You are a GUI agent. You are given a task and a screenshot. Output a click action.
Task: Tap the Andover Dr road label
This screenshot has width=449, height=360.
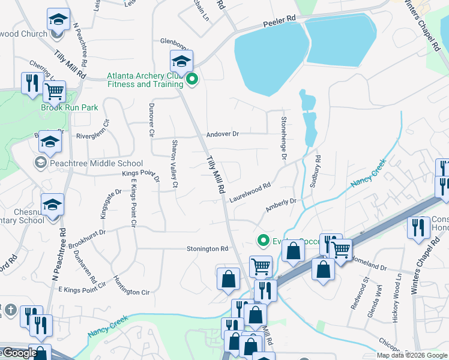pyautogui.click(x=223, y=134)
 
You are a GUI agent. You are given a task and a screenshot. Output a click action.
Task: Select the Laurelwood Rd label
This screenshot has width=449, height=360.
pyautogui.click(x=250, y=191)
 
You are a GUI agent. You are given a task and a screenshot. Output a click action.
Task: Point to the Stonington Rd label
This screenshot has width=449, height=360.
pyautogui.click(x=208, y=248)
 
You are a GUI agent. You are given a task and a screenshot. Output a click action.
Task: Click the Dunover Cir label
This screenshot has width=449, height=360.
pyautogui.click(x=151, y=118)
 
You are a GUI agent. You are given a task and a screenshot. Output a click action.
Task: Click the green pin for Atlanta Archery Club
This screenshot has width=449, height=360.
pyautogui.click(x=192, y=79)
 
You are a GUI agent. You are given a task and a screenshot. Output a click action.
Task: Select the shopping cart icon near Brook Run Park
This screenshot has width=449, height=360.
pyautogui.click(x=54, y=92)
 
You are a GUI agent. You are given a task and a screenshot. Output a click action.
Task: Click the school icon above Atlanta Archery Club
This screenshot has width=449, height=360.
pyautogui.click(x=181, y=61)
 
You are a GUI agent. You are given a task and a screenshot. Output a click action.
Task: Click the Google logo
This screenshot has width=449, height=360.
pyautogui.click(x=19, y=353)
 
